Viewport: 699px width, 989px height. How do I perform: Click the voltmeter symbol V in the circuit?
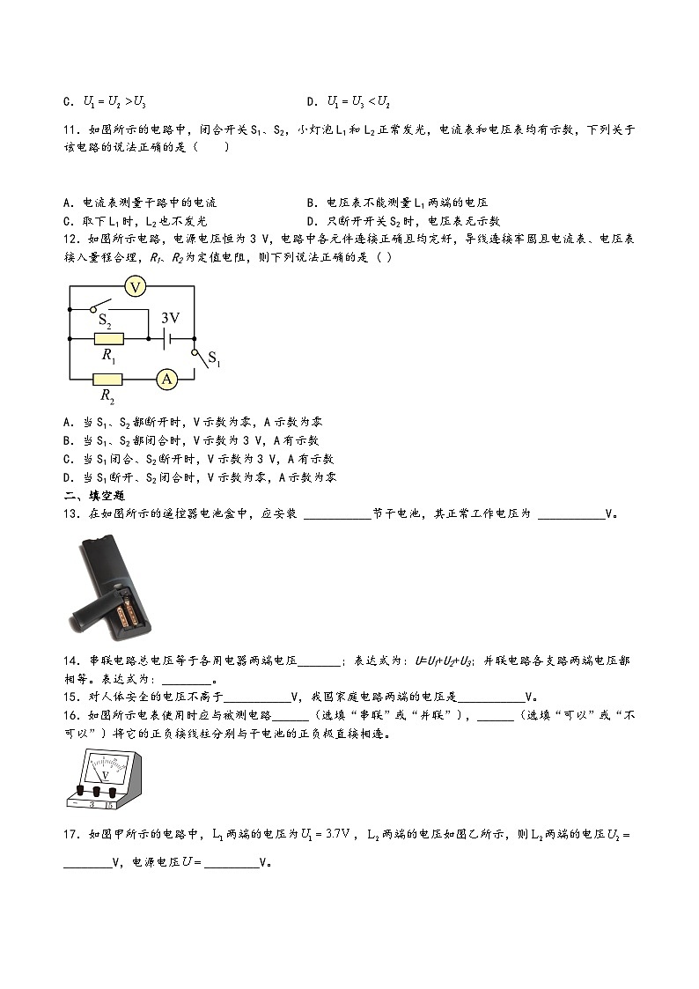(134, 286)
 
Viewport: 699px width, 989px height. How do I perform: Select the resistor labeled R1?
(109, 338)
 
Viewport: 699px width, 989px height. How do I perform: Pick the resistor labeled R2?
(109, 379)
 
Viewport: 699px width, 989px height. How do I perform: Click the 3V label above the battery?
(170, 318)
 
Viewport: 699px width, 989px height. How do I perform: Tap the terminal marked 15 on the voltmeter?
(109, 803)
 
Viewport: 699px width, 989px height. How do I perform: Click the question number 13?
(71, 514)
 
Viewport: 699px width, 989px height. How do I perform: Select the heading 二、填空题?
(88, 496)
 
